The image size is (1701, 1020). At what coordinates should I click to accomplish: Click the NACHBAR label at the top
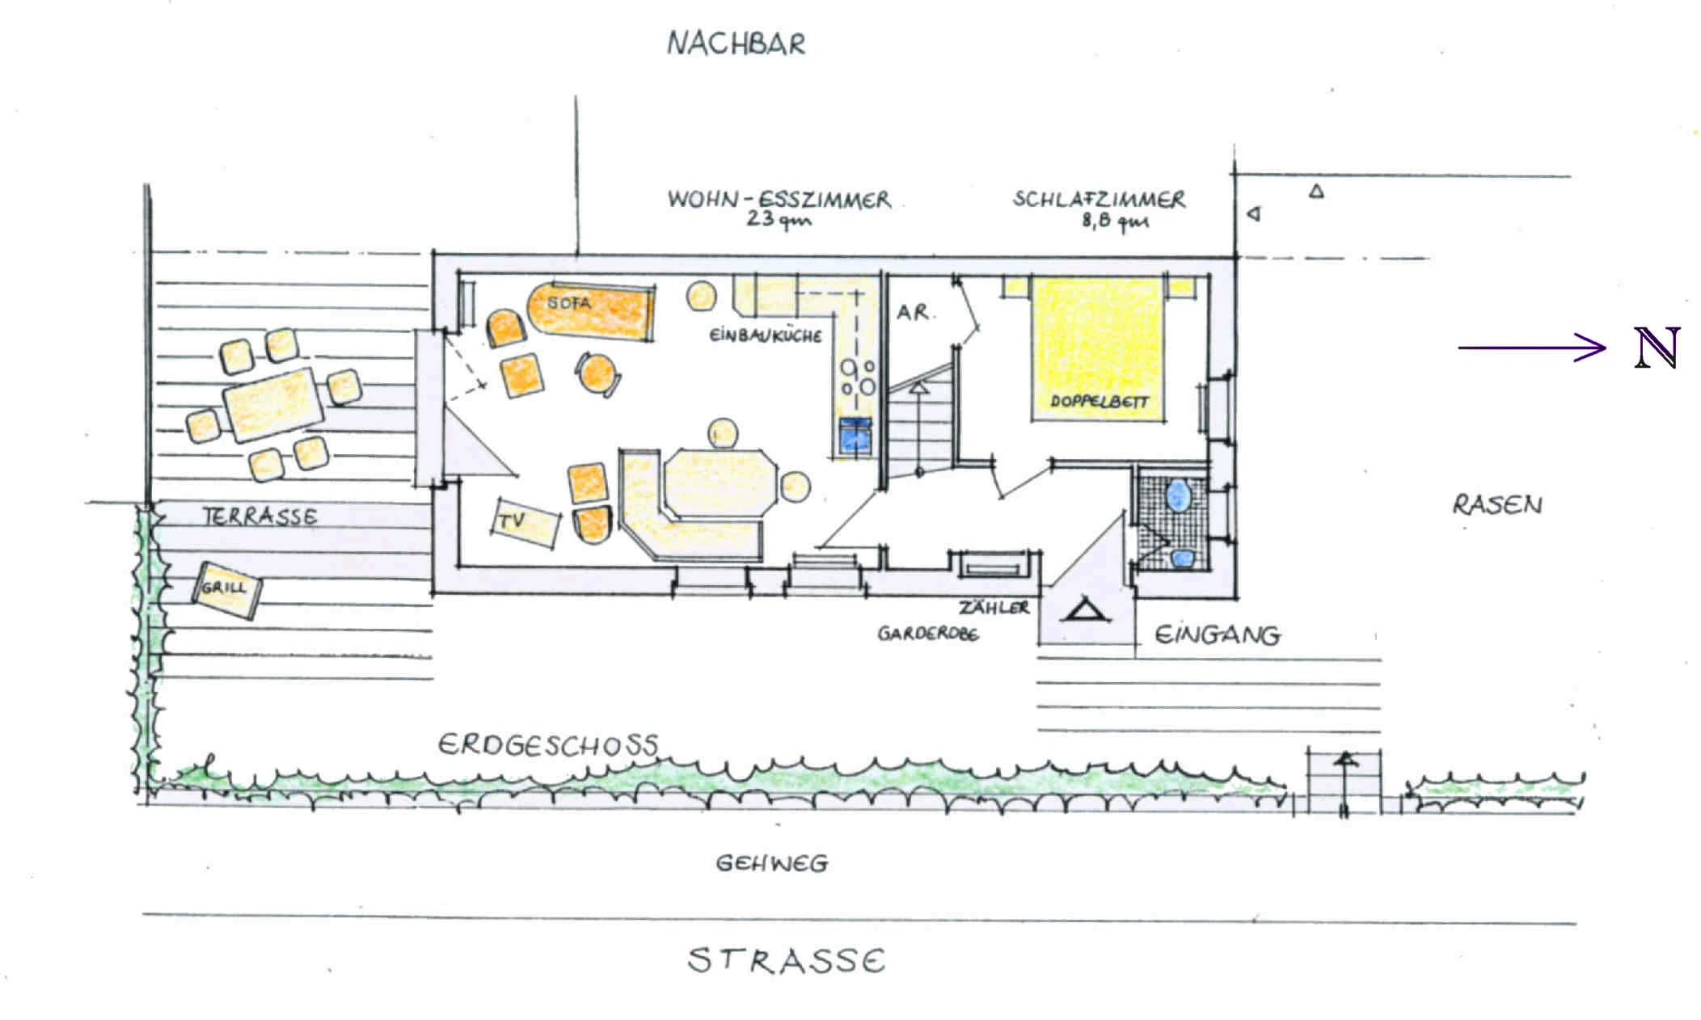pyautogui.click(x=737, y=44)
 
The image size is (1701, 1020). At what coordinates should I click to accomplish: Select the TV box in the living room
pyautogui.click(x=525, y=523)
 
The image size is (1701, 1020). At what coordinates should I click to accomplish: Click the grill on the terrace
pyautogui.click(x=226, y=590)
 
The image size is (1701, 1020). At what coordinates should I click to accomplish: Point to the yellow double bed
pyautogui.click(x=1099, y=349)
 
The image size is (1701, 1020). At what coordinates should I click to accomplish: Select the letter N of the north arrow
pyautogui.click(x=1657, y=348)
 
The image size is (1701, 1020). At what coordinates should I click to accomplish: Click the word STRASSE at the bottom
pyautogui.click(x=787, y=961)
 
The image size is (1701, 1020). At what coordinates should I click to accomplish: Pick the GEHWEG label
pyautogui.click(x=772, y=864)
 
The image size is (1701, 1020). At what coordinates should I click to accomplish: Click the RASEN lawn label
pyautogui.click(x=1497, y=505)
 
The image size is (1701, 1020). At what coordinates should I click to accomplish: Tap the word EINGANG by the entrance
pyautogui.click(x=1217, y=635)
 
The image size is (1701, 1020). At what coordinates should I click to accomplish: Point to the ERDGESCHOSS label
pyautogui.click(x=548, y=744)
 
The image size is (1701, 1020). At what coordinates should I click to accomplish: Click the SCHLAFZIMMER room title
pyautogui.click(x=1099, y=199)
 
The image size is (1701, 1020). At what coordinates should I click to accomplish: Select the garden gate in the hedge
pyautogui.click(x=1344, y=783)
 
